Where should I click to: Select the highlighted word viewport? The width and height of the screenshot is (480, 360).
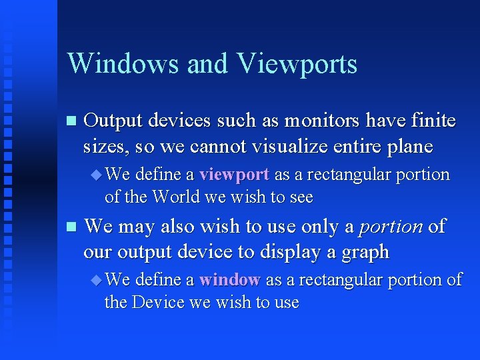(x=233, y=175)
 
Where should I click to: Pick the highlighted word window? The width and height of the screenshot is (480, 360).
(x=229, y=280)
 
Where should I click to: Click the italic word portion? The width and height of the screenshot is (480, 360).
(x=391, y=227)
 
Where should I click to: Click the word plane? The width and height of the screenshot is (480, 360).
(x=409, y=147)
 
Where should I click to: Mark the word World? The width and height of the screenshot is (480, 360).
(x=174, y=197)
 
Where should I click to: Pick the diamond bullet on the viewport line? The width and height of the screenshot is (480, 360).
(x=96, y=175)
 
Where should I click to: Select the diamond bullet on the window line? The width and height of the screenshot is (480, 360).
(x=96, y=281)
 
